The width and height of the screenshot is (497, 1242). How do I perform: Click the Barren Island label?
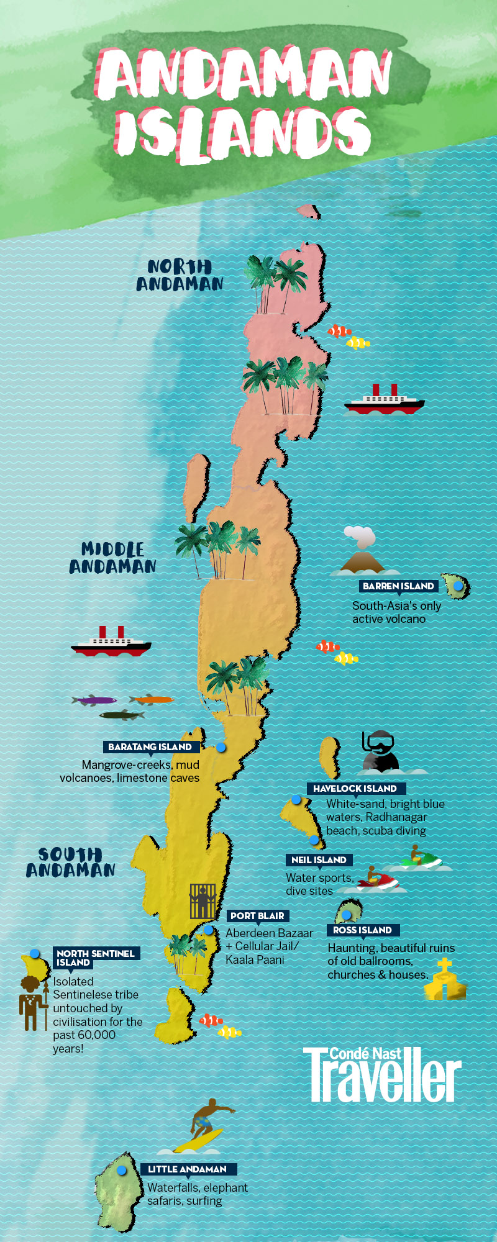coord(398,586)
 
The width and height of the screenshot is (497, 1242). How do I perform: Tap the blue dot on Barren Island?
coord(458,586)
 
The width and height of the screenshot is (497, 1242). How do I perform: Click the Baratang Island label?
coord(150,747)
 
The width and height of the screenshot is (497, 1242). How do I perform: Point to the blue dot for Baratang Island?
coord(221,747)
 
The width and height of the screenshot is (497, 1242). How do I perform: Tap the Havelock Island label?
coord(355,789)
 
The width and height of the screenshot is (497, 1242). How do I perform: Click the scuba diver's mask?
coord(378,741)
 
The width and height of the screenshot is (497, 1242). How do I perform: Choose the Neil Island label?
coord(319,860)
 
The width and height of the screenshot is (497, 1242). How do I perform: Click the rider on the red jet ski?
coord(373,876)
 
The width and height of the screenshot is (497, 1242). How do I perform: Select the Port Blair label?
coord(257,916)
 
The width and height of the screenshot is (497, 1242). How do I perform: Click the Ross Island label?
coord(362,930)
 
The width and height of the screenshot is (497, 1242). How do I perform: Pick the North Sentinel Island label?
coord(95,958)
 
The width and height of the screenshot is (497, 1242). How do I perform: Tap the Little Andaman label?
coord(187,1169)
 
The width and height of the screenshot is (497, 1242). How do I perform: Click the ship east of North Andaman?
coord(385,401)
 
